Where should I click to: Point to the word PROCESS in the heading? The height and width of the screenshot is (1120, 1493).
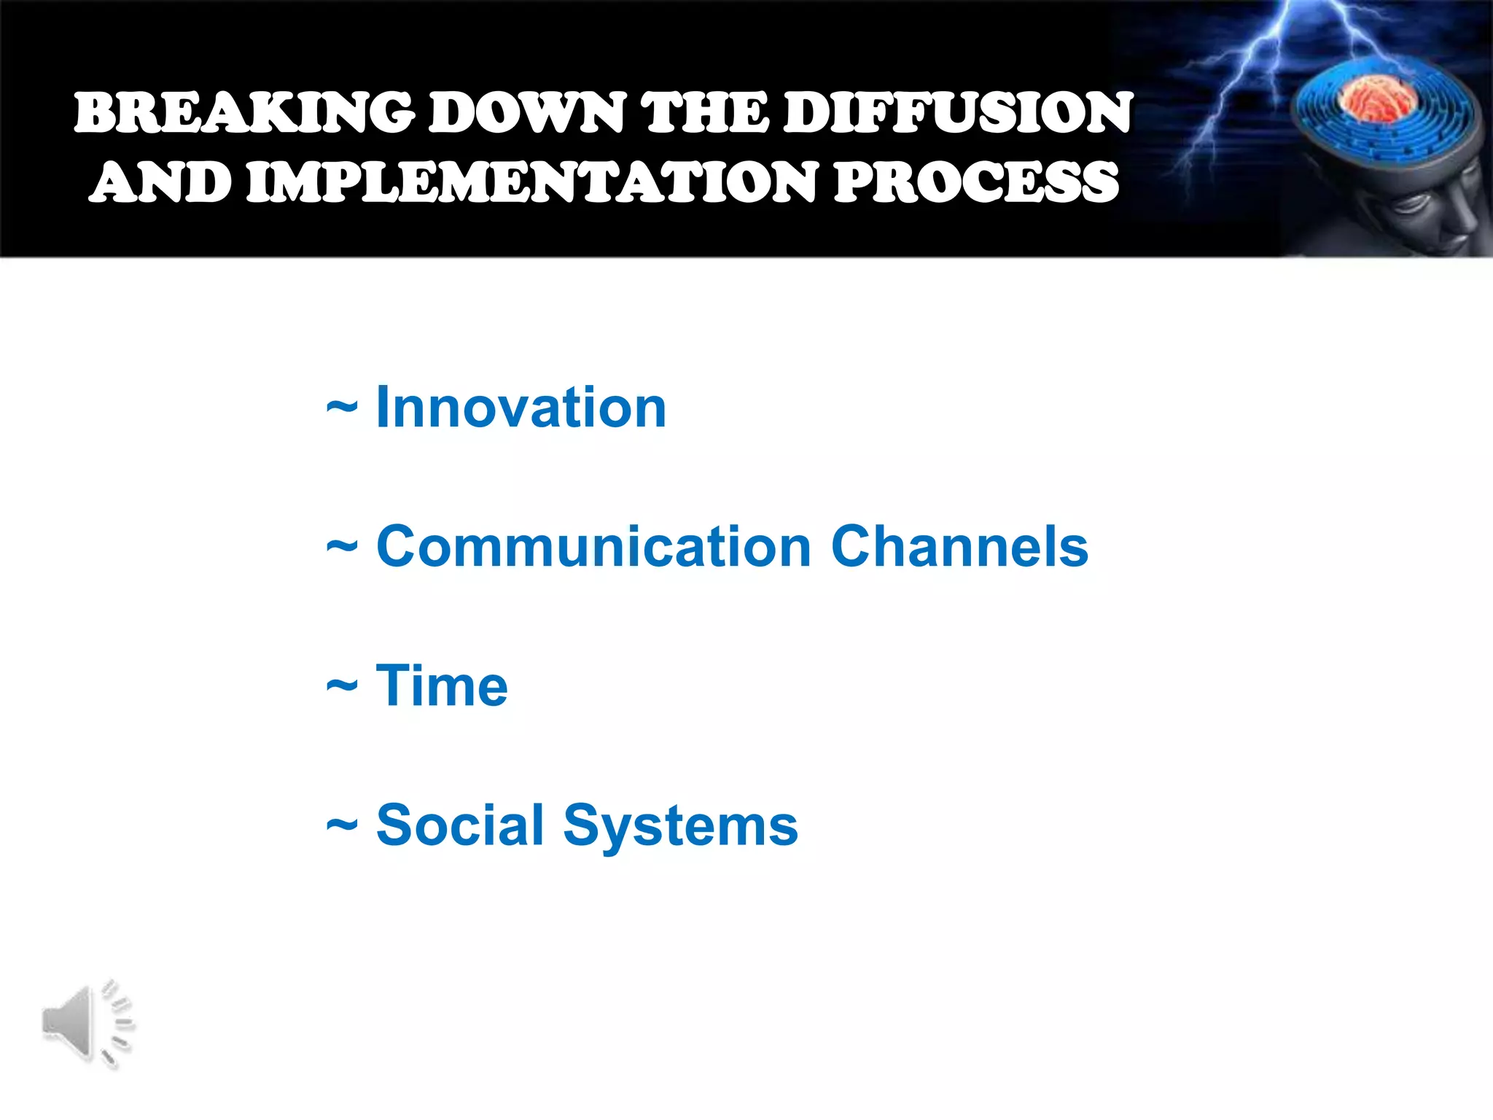pos(976,182)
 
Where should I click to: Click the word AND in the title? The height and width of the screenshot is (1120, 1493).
pos(161,182)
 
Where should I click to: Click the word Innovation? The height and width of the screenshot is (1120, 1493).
pos(521,407)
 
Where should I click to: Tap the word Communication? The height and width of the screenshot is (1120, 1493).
pos(593,546)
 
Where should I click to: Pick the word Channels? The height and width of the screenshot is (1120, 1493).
pos(959,546)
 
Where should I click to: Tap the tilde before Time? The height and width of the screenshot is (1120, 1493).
pos(341,687)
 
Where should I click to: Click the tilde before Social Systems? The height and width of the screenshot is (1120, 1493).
pos(341,826)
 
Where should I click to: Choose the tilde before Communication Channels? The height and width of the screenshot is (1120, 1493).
pos(341,548)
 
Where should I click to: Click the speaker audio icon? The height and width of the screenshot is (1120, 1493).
pos(85,1023)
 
